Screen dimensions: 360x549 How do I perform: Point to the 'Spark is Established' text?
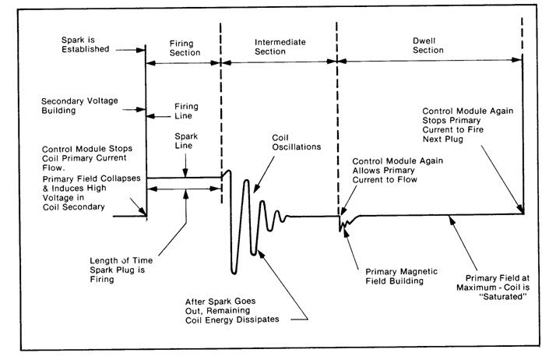coord(83,48)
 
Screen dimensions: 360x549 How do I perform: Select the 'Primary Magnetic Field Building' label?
coord(396,277)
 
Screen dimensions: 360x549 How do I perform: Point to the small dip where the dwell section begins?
coord(341,226)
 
